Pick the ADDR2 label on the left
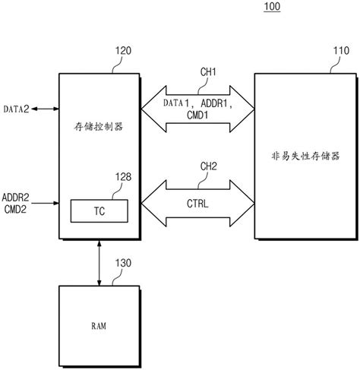(17, 197)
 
